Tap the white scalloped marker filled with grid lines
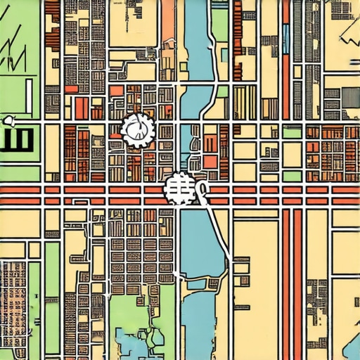pyautogui.click(x=178, y=189)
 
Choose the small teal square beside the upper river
pyautogui.click(x=224, y=55)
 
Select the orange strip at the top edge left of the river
pyautogui.click(x=167, y=21)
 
